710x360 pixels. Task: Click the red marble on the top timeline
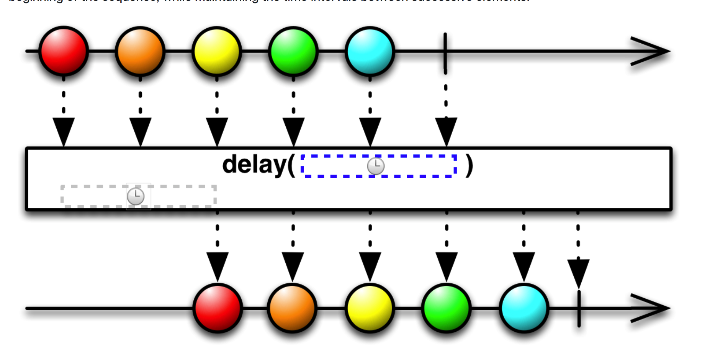(64, 51)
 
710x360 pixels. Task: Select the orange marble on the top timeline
(140, 51)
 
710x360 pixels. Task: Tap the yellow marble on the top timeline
(217, 51)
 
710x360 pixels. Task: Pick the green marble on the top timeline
(293, 51)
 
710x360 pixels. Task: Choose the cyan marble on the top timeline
(370, 51)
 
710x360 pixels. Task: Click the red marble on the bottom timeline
(218, 308)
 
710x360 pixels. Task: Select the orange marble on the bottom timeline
(292, 308)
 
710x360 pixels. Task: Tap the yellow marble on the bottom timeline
(370, 308)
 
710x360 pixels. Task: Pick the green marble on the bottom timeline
(447, 308)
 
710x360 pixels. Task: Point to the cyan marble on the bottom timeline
(524, 308)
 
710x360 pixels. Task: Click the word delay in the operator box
(255, 165)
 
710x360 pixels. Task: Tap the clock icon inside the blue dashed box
(376, 166)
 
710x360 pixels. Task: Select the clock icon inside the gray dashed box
(136, 196)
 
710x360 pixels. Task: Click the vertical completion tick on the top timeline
(445, 51)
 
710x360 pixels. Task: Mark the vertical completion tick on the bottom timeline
(579, 309)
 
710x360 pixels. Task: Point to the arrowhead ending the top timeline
(651, 51)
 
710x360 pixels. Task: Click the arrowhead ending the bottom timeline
(651, 308)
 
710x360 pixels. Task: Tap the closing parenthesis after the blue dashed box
(469, 166)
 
